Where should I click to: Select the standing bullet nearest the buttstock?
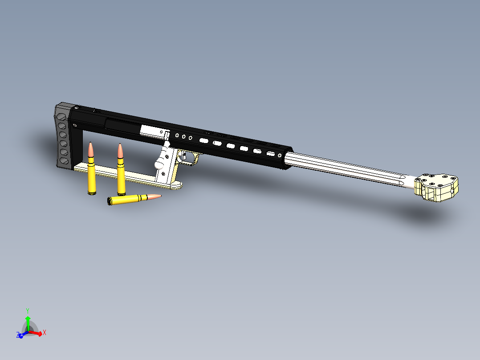point(91,172)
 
